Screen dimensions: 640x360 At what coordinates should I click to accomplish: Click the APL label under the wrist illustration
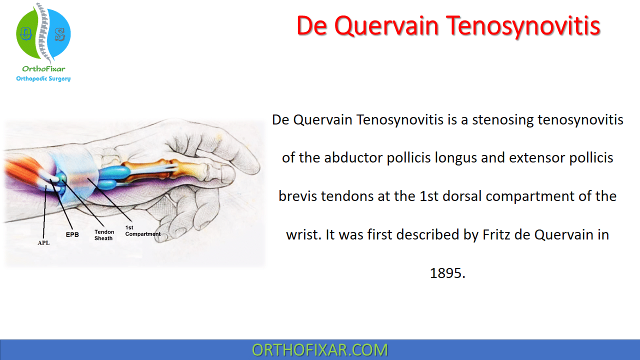tap(43, 242)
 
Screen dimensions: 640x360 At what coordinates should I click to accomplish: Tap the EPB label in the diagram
tap(72, 234)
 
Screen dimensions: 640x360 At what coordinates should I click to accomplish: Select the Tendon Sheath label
tap(104, 235)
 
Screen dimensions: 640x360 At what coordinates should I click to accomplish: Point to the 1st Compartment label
tap(143, 231)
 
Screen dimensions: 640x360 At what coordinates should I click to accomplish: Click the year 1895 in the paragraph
tap(447, 273)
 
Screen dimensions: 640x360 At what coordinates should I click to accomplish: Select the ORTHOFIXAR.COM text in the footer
tap(319, 350)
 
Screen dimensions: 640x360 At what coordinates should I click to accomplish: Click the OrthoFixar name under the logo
tap(43, 69)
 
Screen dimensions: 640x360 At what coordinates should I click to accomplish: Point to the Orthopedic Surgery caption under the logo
tap(43, 78)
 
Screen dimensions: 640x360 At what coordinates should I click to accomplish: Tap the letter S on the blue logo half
tap(59, 34)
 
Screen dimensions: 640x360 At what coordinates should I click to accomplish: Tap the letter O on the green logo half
tap(25, 33)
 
